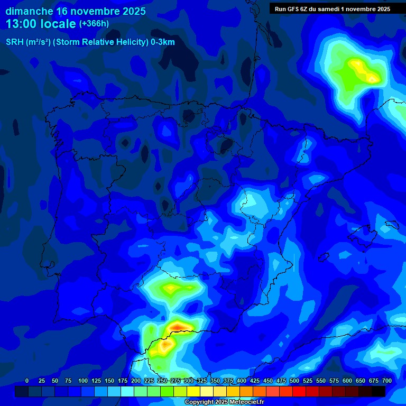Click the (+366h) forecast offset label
pos(94,24)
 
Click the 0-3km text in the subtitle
pos(162,42)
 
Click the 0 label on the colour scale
pos(27,381)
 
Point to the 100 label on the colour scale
pos(83,381)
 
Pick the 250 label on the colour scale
pos(162,381)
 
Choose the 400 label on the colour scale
pos(242,381)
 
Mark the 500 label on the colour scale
pos(294,381)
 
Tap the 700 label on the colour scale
pos(387,381)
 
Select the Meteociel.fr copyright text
pos(224,402)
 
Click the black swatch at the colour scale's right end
pos(379,391)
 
